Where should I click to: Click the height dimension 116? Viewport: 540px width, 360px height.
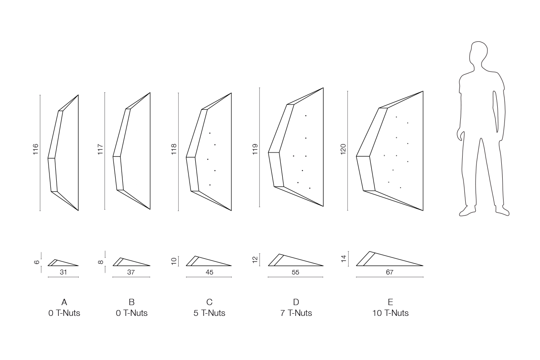click(x=36, y=149)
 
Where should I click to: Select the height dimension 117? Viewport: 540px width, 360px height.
click(x=100, y=149)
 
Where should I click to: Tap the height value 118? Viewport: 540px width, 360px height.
click(x=174, y=149)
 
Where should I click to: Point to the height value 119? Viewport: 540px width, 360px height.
click(x=255, y=149)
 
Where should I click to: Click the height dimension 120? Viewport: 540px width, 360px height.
click(x=343, y=149)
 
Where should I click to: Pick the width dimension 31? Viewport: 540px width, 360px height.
click(x=63, y=272)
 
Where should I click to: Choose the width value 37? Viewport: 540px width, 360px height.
click(x=131, y=272)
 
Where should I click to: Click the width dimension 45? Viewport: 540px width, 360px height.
click(x=210, y=272)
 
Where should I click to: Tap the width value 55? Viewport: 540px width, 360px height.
click(x=295, y=272)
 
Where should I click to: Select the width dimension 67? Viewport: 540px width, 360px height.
click(x=390, y=272)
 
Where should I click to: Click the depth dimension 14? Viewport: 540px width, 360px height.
click(x=344, y=259)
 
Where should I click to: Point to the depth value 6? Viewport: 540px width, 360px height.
click(x=37, y=262)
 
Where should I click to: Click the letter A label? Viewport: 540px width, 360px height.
click(x=64, y=302)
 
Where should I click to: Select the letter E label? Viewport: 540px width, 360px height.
click(x=391, y=302)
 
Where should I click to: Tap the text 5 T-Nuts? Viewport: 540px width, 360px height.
click(x=209, y=313)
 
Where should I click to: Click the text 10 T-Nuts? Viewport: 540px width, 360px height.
click(x=391, y=313)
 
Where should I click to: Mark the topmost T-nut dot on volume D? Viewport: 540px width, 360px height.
click(x=306, y=116)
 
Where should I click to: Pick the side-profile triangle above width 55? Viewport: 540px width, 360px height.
click(x=296, y=260)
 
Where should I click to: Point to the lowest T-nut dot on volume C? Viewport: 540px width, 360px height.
click(x=210, y=185)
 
